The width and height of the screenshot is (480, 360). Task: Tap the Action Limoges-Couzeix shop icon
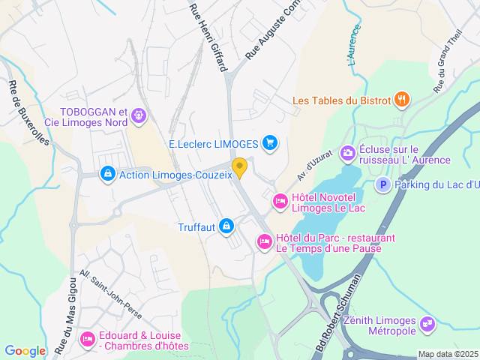108,174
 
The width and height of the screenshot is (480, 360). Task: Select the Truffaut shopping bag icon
226,226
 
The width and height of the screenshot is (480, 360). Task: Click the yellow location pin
240,167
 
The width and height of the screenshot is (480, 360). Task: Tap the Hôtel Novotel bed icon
280,200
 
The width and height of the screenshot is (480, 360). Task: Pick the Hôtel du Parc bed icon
264,241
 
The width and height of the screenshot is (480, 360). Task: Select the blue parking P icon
382,184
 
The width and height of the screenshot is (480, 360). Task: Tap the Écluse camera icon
347,153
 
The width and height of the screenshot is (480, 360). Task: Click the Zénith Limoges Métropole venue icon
427,324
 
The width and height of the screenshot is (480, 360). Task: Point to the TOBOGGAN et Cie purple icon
138,115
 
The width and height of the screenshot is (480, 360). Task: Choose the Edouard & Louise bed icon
88,339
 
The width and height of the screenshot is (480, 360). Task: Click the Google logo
25,350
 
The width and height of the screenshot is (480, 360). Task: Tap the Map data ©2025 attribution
448,354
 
